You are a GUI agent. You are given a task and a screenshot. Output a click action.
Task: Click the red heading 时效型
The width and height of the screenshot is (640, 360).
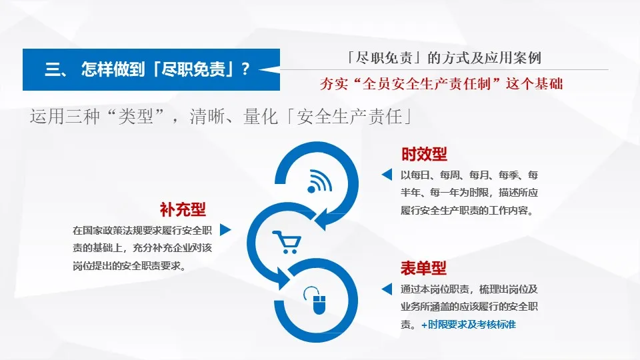[x=424, y=154]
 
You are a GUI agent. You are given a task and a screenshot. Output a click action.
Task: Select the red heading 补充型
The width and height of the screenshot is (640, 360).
[x=183, y=209]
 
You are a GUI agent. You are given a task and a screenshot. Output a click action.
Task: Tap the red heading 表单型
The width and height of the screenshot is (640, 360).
[x=423, y=268]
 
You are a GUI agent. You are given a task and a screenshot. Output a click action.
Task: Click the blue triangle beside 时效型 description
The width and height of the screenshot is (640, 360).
[x=386, y=175]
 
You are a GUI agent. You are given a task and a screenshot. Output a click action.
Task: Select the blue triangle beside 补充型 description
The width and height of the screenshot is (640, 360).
[x=225, y=230]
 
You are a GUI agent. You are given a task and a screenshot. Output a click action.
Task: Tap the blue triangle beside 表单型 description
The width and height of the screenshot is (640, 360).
[x=386, y=289]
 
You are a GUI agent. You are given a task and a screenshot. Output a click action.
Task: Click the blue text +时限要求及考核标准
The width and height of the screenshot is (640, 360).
[x=468, y=325]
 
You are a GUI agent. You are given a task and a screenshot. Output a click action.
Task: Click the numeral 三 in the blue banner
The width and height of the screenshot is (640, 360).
[x=53, y=69]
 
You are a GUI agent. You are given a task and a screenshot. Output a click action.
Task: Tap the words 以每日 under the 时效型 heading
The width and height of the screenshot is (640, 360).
[x=415, y=175]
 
